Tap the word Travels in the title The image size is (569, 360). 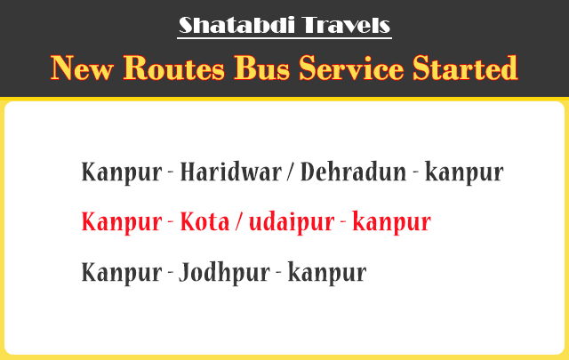click(346, 25)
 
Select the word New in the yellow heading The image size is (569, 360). click(82, 68)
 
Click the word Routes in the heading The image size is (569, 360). click(174, 68)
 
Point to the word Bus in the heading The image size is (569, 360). click(261, 68)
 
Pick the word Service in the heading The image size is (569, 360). click(351, 68)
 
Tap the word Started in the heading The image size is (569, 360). click(465, 68)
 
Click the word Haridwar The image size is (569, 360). click(231, 172)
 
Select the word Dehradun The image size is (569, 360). click(354, 172)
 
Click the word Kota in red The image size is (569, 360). click(205, 221)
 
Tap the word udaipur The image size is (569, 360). click(292, 223)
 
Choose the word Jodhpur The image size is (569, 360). click(224, 273)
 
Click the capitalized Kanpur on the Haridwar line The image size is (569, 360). click(122, 173)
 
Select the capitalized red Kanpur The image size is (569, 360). click(122, 223)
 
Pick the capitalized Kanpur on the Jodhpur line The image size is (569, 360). click(122, 273)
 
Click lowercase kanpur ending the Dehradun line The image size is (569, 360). click(464, 173)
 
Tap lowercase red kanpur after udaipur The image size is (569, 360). click(392, 223)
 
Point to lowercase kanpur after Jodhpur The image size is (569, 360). click(327, 273)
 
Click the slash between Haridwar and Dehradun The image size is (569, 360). click(291, 172)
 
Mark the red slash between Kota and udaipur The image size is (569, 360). click(238, 221)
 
